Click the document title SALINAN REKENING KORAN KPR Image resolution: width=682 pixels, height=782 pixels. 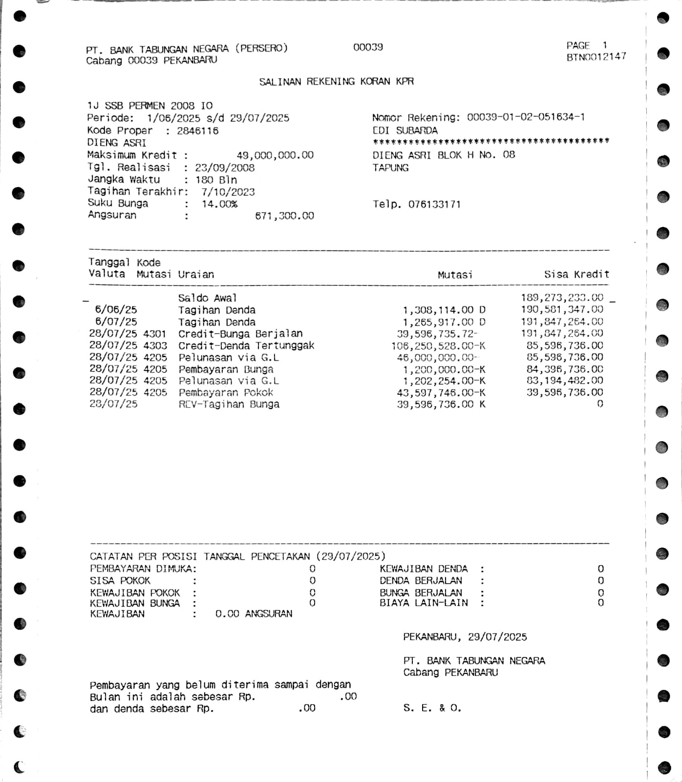click(336, 82)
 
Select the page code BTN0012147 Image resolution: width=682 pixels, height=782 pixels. click(596, 57)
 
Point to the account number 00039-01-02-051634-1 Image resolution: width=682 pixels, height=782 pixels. click(526, 117)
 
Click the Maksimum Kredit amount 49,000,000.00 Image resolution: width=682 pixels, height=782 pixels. click(275, 155)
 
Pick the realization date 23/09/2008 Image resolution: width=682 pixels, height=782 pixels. click(225, 168)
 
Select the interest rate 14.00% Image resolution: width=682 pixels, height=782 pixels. click(219, 204)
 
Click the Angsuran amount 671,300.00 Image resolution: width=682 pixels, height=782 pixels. click(284, 216)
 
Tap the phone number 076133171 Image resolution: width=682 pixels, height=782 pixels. click(434, 204)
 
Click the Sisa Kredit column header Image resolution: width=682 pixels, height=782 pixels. click(576, 275)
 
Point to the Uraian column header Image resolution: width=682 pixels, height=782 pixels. click(195, 275)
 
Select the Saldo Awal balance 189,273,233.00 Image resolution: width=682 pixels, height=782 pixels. click(562, 298)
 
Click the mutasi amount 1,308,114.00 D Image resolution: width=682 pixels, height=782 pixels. click(444, 310)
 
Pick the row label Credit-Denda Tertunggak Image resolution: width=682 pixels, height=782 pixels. click(246, 346)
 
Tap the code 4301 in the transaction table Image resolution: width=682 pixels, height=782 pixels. click(155, 334)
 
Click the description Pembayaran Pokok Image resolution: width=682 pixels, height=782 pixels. click(226, 392)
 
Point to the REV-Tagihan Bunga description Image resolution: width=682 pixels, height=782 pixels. click(229, 404)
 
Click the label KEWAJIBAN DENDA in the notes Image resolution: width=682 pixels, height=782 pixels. click(424, 569)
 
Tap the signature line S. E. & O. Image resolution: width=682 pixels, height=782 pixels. click(432, 708)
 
